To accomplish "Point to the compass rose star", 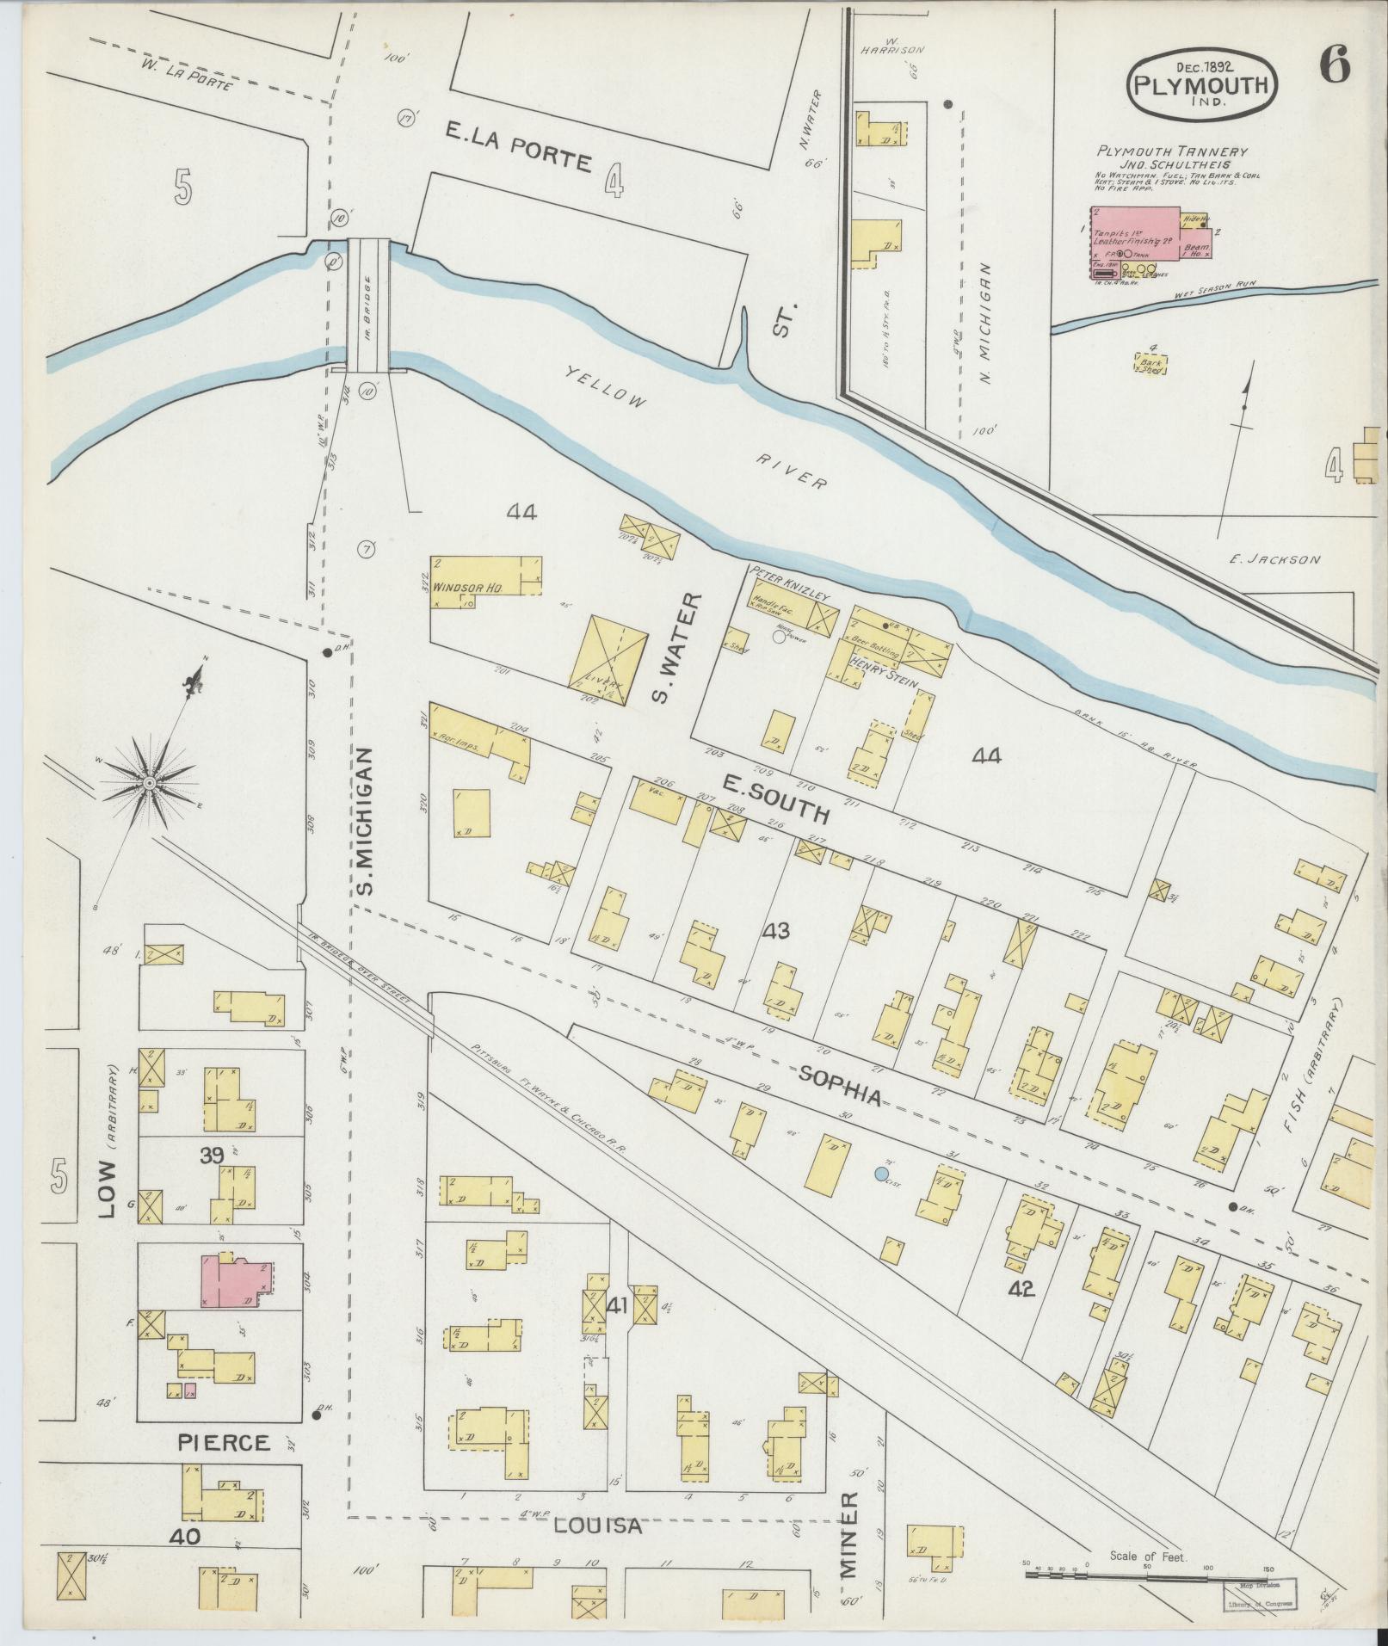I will [x=150, y=782].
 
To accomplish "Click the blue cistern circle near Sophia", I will [x=881, y=1174].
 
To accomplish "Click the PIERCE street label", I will [x=225, y=1443].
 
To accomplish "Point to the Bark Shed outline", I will [x=1150, y=363].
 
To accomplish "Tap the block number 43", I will [x=775, y=930].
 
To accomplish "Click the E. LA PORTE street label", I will [x=519, y=146].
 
